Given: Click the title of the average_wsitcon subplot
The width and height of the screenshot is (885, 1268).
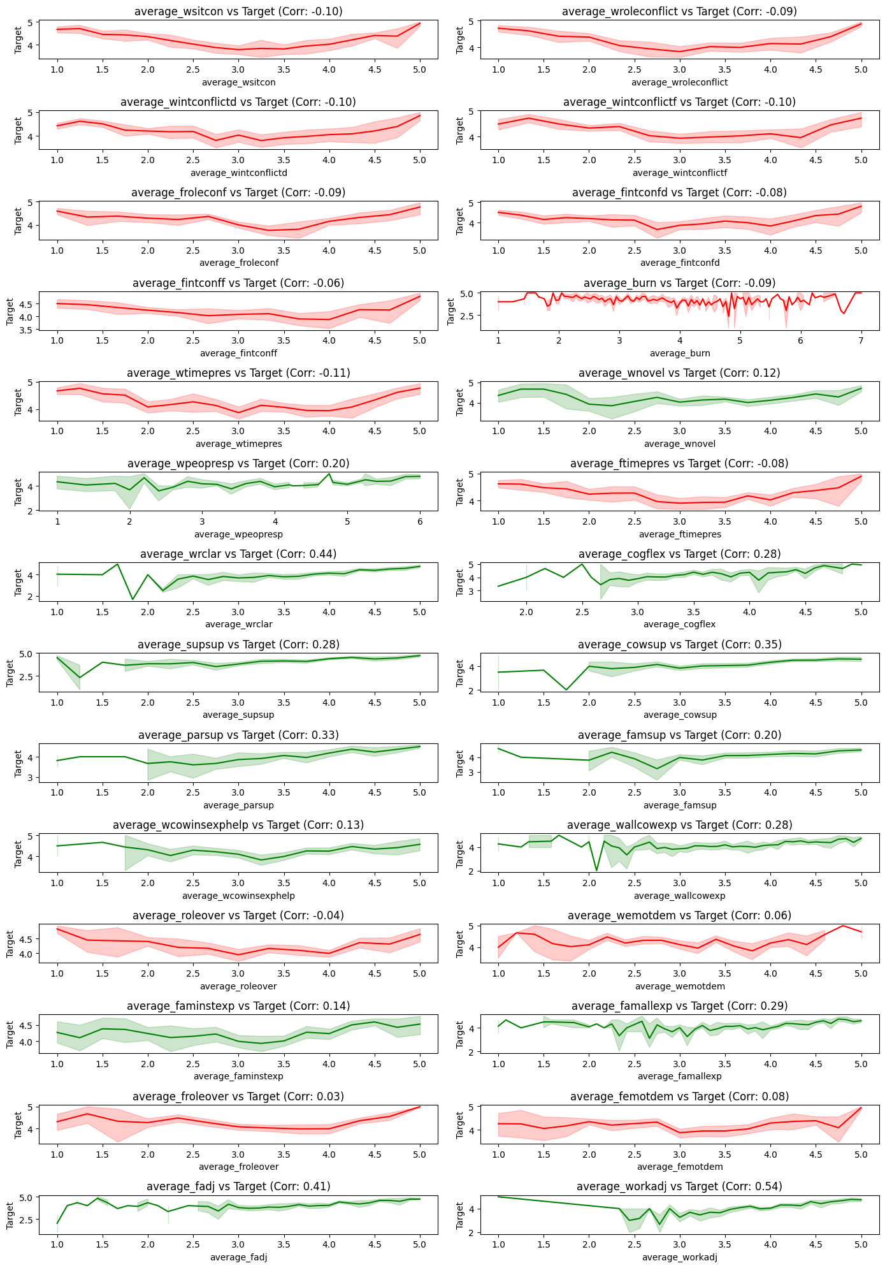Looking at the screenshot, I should [x=238, y=11].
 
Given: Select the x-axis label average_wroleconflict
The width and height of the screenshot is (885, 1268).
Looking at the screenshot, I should [x=679, y=82].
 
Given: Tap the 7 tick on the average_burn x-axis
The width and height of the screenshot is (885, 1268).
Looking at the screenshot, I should [x=860, y=341].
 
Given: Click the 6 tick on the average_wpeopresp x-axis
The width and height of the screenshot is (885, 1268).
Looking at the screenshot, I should [x=419, y=521].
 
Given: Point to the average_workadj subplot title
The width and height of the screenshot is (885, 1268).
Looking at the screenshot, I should [x=679, y=1186].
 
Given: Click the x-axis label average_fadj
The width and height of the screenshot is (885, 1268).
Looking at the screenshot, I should [x=238, y=1257].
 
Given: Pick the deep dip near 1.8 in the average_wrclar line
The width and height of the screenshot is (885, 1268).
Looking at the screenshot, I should [x=133, y=599].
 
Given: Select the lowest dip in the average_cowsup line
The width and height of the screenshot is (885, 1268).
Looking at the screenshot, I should [x=566, y=690].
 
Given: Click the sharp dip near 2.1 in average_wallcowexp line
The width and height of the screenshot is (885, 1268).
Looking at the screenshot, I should [x=596, y=870].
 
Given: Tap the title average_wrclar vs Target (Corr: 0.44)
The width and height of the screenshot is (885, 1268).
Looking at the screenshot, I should [x=238, y=554].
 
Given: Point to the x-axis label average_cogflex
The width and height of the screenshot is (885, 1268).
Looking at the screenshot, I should [x=679, y=624].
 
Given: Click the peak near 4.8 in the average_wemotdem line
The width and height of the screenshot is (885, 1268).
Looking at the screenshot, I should [x=842, y=926].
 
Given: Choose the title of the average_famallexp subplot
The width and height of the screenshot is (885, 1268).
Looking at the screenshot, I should [x=679, y=1006].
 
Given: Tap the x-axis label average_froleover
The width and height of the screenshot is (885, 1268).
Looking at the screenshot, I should [x=238, y=1167].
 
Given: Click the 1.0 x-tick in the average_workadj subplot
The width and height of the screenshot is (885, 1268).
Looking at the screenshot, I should [x=498, y=1244].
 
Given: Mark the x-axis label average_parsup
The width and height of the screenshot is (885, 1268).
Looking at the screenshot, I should [x=238, y=805].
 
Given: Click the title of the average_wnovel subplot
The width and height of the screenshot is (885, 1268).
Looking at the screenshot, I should [x=679, y=373].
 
